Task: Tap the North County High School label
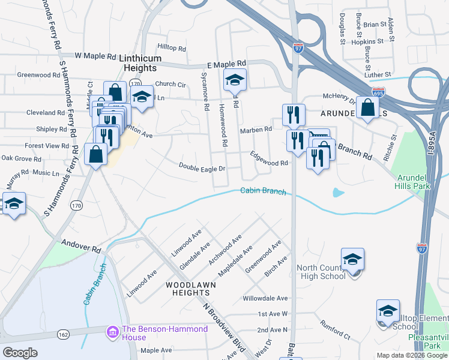coord(321,272)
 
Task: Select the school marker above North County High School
coord(352,259)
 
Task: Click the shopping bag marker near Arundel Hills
coord(367,108)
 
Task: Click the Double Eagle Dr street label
coord(202,167)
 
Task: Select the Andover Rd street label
coord(79,245)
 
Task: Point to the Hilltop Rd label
coord(172,47)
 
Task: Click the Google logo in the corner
coord(20,353)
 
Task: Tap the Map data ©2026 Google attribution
coord(411,355)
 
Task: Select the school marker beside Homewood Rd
coord(235,79)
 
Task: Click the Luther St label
coord(379,74)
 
